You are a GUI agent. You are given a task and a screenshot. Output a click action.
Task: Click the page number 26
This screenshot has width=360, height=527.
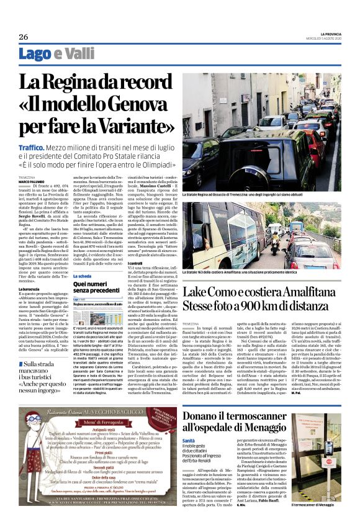24,37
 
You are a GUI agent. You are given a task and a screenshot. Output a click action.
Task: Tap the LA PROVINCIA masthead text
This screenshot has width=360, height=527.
331,32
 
